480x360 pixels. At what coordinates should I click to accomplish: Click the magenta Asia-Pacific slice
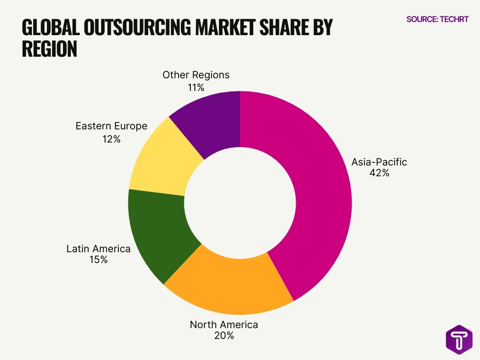pos(319,197)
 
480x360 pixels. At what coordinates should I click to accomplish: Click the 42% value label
pos(379,173)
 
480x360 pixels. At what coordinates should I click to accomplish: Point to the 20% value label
pos(224,336)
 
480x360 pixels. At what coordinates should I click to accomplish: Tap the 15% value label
pos(98,259)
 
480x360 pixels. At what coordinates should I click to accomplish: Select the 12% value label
pos(111,139)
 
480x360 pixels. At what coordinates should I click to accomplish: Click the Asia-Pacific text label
pos(379,162)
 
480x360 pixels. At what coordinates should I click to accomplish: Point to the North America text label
pos(224,324)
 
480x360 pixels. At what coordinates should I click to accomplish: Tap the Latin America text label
pos(98,248)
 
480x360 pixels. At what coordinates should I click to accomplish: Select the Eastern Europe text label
pos(111,126)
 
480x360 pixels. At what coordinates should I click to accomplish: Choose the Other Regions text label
pos(196,75)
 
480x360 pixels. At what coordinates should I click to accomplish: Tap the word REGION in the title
pos(49,49)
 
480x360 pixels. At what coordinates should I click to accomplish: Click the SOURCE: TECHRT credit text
pos(437,19)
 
